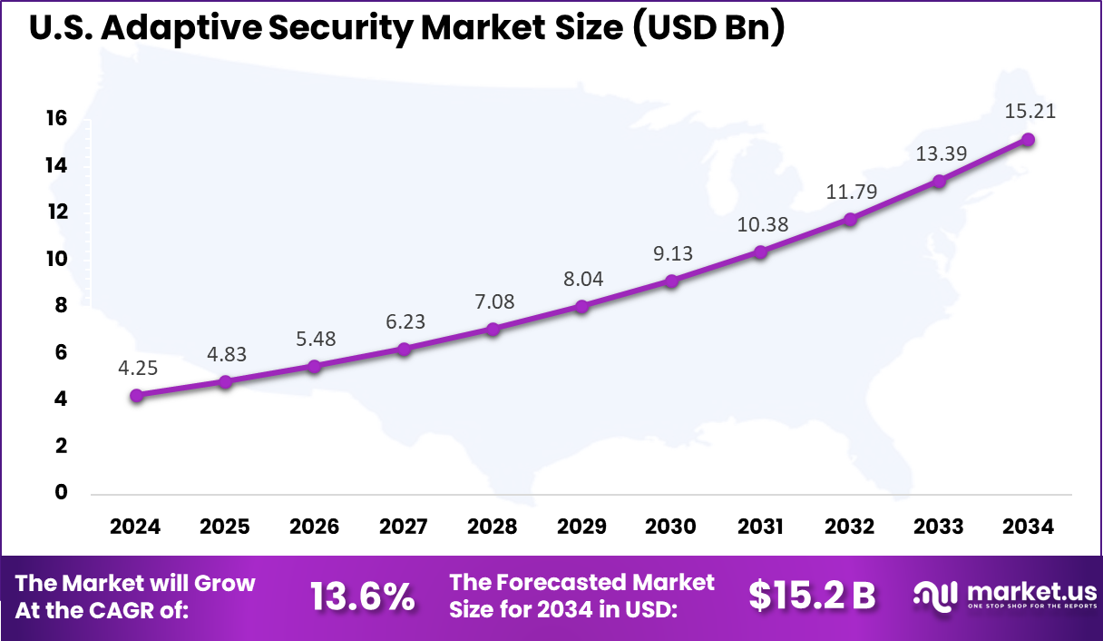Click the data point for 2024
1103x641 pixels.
pos(136,395)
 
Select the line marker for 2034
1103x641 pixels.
pos(1028,139)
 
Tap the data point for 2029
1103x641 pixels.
pos(581,306)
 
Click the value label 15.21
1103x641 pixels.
pos(1030,112)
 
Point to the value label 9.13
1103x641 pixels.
pos(671,253)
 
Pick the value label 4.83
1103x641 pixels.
pos(225,354)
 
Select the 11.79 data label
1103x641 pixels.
pos(850,192)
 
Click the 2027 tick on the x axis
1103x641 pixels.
pos(403,528)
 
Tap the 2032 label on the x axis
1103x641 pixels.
pos(850,528)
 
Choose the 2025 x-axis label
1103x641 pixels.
pos(225,528)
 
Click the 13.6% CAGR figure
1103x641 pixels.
pos(362,597)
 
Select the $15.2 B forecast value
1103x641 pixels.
pos(812,596)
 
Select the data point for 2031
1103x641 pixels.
pos(760,251)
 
